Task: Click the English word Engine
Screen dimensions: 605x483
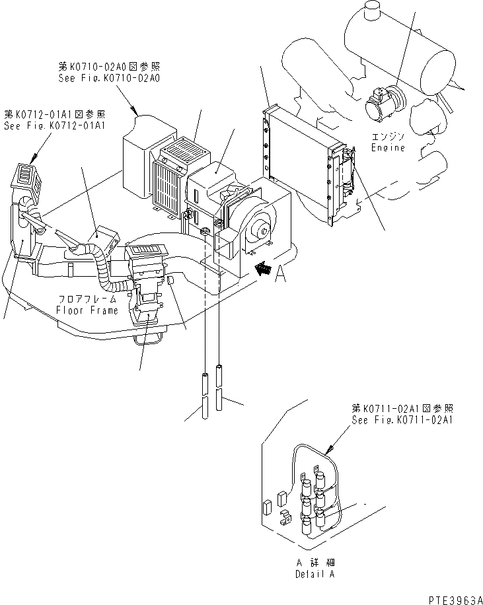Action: (x=388, y=147)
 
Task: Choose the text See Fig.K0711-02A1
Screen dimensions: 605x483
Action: (x=402, y=419)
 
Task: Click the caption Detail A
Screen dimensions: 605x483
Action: (x=315, y=574)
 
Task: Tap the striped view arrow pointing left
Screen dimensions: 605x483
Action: (x=264, y=267)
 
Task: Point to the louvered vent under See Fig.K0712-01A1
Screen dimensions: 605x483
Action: (x=25, y=175)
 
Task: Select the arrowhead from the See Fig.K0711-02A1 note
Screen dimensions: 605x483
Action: (x=331, y=451)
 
